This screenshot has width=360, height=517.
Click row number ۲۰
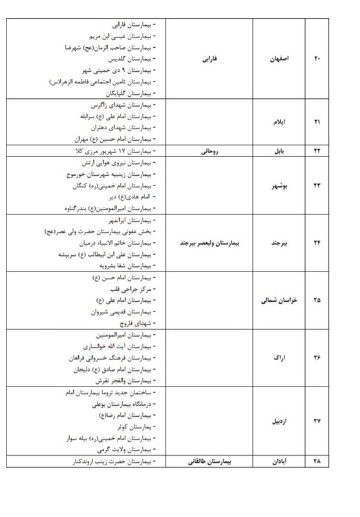(x=317, y=60)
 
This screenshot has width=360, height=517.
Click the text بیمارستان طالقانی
(x=208, y=462)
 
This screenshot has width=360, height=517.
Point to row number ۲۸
(x=317, y=462)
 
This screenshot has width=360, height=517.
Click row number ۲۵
(x=317, y=301)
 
